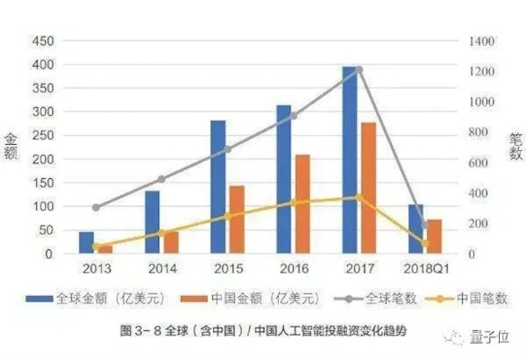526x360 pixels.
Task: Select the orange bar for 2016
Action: (302, 204)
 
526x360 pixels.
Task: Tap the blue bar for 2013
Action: (86, 243)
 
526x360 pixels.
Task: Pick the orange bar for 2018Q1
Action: (434, 237)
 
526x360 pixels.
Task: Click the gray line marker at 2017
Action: (359, 69)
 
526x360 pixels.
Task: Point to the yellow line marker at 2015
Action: (227, 216)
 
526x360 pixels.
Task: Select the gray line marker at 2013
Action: (96, 207)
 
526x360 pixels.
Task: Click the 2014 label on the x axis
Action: (162, 267)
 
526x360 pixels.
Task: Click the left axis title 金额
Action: (12, 147)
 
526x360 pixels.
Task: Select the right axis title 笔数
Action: (515, 147)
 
